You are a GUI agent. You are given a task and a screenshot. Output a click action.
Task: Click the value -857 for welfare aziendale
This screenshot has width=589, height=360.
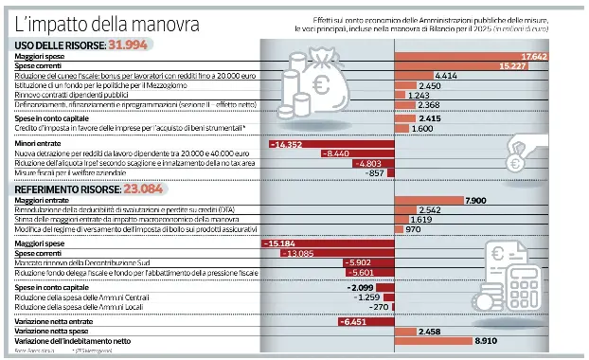pyautogui.click(x=375, y=172)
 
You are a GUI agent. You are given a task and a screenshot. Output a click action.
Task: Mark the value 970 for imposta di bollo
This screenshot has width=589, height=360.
pyautogui.click(x=413, y=229)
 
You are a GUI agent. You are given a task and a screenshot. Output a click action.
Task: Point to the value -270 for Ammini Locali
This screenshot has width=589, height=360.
pyautogui.click(x=379, y=307)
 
